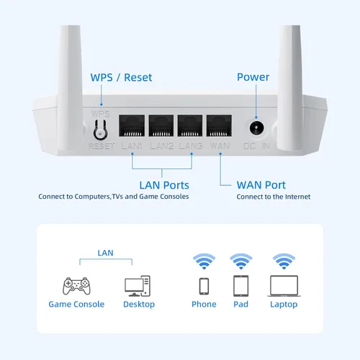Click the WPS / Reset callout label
point(121,77)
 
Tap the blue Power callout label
point(253,77)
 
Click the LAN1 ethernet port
point(132,127)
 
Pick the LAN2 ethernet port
point(161,127)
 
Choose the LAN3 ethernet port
point(190,127)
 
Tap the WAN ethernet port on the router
point(219,127)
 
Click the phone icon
point(204,286)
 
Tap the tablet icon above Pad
point(240,286)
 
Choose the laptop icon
point(283,286)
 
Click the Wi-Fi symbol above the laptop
point(283,260)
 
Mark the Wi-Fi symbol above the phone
point(204,260)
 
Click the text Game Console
point(76,305)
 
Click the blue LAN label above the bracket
point(105,253)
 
